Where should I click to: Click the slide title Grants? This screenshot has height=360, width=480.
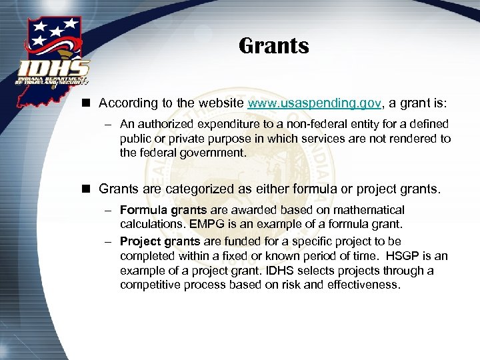pos(273,46)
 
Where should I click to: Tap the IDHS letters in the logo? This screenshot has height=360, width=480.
pos(54,68)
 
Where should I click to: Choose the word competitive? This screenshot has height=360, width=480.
pos(150,285)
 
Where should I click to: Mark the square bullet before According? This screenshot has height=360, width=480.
pos(87,104)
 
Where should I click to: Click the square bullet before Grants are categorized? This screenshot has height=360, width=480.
pos(87,189)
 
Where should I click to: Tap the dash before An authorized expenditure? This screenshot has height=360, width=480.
pos(107,125)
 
